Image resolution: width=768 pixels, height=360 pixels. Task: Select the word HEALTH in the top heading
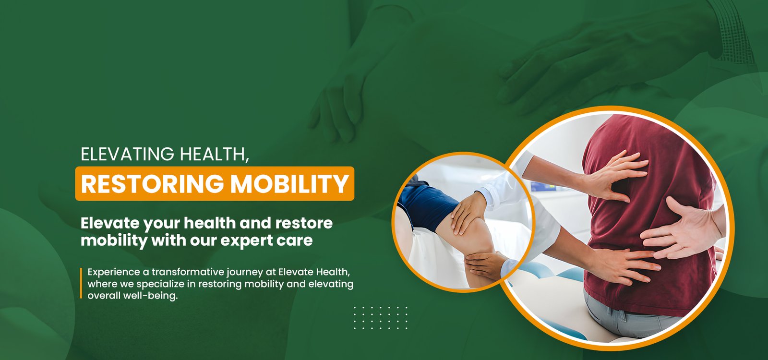pos(214,154)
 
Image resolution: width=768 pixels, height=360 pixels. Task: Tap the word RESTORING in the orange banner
pos(152,184)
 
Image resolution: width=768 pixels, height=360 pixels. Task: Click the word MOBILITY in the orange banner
pos(289,184)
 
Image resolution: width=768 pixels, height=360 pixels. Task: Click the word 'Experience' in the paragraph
pos(114,273)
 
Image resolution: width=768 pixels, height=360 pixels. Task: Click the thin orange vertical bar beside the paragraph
pos(81,283)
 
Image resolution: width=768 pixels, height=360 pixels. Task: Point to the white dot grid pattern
pos(381,318)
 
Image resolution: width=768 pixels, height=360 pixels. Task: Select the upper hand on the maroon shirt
pos(614,175)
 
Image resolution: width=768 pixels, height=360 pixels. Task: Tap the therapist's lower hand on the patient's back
pos(624,266)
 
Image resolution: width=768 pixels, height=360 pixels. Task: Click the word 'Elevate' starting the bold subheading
pos(110,223)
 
